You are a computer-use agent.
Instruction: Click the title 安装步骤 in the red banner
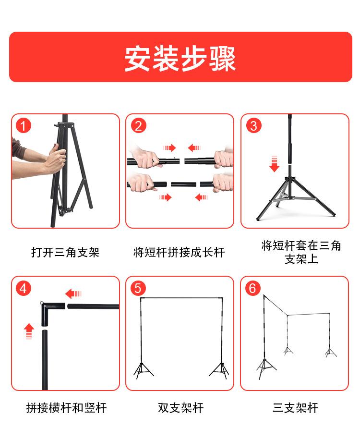180,59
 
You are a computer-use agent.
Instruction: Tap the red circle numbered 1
24,126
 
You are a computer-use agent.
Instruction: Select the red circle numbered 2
139,126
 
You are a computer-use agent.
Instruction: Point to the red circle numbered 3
254,126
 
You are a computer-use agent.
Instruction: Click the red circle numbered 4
24,288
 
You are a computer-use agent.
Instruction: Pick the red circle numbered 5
138,288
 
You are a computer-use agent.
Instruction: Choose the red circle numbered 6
253,288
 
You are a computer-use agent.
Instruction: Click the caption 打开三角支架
65,252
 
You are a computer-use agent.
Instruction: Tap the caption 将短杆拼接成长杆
179,252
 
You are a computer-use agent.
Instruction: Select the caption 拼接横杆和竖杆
66,408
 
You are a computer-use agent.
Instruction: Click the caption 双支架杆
180,408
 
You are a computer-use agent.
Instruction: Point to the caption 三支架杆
296,408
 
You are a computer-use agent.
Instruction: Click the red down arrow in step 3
274,164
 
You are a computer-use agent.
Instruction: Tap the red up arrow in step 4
29,331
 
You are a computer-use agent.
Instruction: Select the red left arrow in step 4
73,293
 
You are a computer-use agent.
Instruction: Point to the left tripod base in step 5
143,370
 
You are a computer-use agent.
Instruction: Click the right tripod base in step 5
220,370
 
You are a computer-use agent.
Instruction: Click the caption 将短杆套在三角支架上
301,252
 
